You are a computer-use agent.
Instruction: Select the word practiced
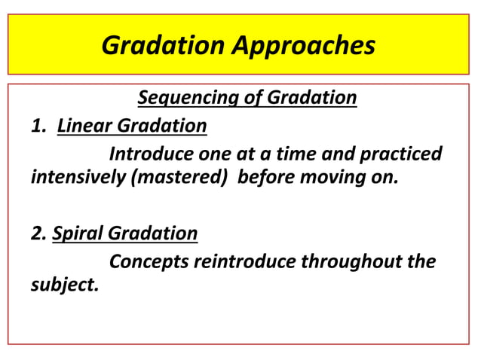tap(402, 154)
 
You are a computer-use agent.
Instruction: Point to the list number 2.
tap(38, 233)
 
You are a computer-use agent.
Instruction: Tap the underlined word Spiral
tap(78, 233)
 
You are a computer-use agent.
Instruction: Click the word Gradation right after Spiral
tap(153, 233)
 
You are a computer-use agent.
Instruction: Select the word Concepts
tap(149, 262)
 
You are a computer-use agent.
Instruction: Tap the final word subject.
tap(63, 287)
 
